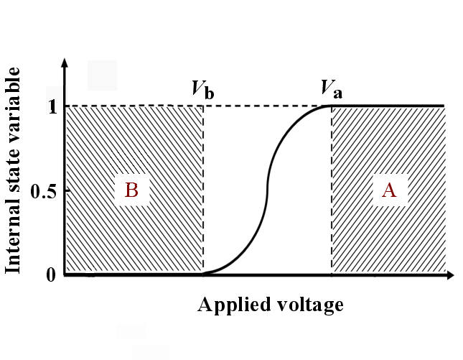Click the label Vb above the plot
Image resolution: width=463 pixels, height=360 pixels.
[202, 90]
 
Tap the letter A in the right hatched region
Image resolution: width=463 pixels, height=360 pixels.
[389, 190]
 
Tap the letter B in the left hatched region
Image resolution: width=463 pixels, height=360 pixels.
[131, 190]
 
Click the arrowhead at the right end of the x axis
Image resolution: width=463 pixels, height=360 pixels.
[452, 274]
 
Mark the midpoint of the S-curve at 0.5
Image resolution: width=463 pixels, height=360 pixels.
[268, 190]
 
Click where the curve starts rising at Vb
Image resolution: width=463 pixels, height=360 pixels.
[205, 274]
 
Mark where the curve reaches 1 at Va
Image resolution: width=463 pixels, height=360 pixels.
[331, 106]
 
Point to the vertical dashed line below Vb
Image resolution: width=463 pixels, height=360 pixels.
[204, 190]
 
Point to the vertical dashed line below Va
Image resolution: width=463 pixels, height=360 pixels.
[332, 190]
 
